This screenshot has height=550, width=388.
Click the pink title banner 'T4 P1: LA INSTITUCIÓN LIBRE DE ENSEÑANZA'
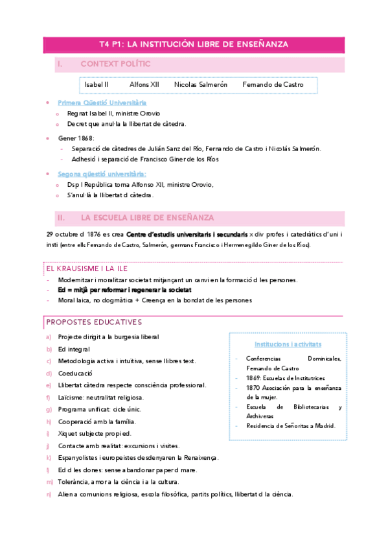coord(194,44)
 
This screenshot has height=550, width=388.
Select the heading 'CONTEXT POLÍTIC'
coord(115,64)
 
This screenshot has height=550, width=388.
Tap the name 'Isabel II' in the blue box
coord(97,85)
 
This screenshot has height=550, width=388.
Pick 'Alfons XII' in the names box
coord(144,85)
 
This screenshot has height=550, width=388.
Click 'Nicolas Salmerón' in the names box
coord(200,85)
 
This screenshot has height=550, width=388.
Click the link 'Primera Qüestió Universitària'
coord(102,102)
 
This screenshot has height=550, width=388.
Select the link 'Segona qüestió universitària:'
coord(102,174)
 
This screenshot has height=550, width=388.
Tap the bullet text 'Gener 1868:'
coord(76,138)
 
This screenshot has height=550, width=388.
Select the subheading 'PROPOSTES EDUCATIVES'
coord(93,322)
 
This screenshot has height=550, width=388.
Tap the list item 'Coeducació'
coord(75,374)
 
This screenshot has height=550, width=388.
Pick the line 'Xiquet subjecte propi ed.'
coord(95,433)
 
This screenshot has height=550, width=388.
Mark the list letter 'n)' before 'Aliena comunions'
coord(49,494)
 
